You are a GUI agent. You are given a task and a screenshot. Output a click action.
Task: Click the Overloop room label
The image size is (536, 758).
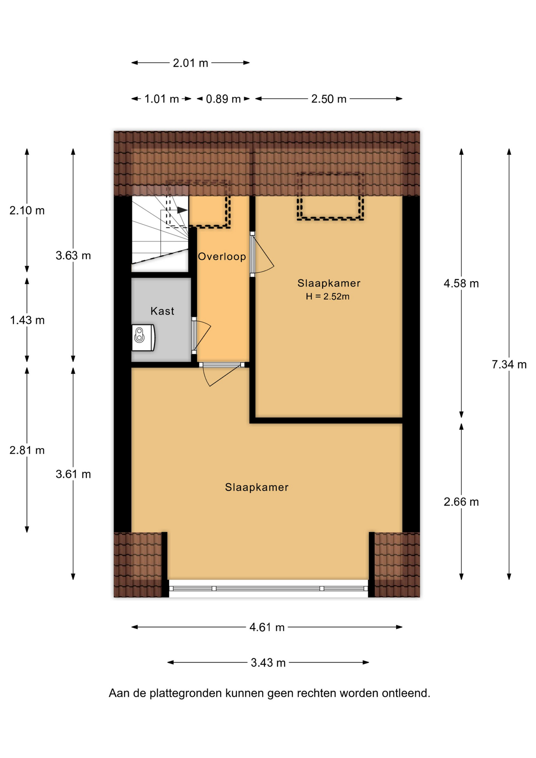pyautogui.click(x=222, y=257)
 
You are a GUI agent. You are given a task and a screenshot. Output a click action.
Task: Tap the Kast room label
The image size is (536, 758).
pyautogui.click(x=162, y=311)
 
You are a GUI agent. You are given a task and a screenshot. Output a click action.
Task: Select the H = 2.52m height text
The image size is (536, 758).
pyautogui.click(x=328, y=296)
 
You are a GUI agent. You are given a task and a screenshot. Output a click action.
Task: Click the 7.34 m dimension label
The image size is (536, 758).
pyautogui.click(x=509, y=364)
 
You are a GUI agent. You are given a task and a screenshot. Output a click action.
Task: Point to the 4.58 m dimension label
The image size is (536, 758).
pyautogui.click(x=461, y=283)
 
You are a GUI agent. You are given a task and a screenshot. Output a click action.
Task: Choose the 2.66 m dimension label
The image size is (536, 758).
pyautogui.click(x=461, y=502)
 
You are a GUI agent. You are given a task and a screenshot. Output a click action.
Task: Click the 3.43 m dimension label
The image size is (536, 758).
pyautogui.click(x=268, y=662)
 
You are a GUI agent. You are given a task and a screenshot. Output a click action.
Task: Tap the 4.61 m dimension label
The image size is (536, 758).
pyautogui.click(x=267, y=627)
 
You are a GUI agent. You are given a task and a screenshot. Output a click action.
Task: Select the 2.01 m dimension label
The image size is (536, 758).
pyautogui.click(x=190, y=63)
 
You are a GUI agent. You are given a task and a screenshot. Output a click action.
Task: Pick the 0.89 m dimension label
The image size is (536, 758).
pyautogui.click(x=223, y=99)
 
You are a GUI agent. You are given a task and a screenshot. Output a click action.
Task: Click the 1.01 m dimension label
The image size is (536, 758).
pyautogui.click(x=161, y=99)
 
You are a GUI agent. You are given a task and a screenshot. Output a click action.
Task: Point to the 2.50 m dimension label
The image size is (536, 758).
pyautogui.click(x=329, y=99)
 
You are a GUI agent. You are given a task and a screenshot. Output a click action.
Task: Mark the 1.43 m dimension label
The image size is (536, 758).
pyautogui.click(x=27, y=320)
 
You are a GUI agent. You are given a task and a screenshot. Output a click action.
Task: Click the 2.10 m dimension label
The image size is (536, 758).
pyautogui.click(x=27, y=210)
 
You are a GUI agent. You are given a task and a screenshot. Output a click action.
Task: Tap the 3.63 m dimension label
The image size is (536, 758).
pyautogui.click(x=73, y=255)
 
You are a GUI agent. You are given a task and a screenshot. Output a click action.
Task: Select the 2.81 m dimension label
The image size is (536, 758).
pyautogui.click(x=27, y=450)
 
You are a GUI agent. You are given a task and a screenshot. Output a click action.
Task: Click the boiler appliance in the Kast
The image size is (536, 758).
pyautogui.click(x=143, y=338)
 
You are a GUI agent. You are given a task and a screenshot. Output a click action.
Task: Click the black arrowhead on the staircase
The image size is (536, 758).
pyautogui.click(x=182, y=210)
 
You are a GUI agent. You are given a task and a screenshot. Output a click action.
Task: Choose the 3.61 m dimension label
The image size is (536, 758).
pyautogui.click(x=73, y=474)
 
